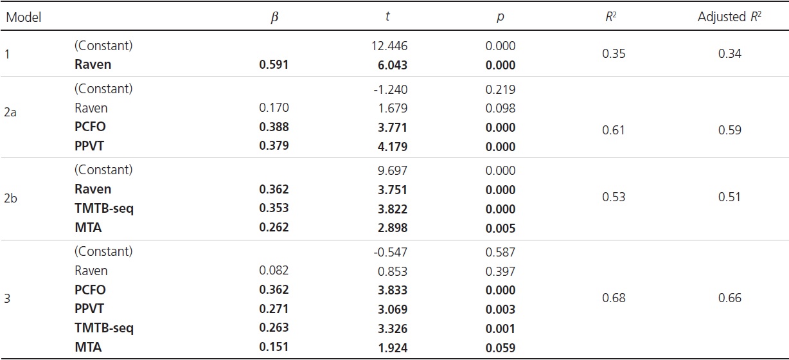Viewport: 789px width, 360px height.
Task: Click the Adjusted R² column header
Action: (x=729, y=17)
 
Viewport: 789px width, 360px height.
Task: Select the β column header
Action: (x=275, y=17)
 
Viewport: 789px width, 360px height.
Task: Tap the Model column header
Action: (x=23, y=17)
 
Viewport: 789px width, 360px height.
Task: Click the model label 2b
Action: (x=11, y=197)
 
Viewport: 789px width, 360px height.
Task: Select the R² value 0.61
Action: (x=612, y=130)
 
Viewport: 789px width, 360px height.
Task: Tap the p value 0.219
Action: (x=501, y=89)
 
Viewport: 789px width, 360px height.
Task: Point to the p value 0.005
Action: (x=501, y=228)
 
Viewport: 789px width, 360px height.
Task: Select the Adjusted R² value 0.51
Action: (x=729, y=197)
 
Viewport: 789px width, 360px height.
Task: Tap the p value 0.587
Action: (x=501, y=252)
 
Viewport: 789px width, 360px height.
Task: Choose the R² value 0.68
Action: (x=612, y=298)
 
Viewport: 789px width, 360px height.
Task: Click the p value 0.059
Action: (x=501, y=347)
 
